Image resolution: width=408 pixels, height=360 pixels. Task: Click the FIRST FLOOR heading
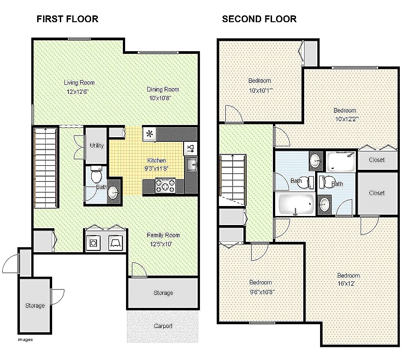pos(67,19)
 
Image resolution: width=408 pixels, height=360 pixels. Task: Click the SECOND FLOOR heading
pos(259,19)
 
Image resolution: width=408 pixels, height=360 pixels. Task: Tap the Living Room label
pos(79,83)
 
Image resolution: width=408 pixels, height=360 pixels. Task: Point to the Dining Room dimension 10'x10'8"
pos(160,98)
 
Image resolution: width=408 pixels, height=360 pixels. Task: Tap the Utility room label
pos(97,146)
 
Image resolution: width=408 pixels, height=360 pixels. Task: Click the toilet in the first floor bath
pos(96,174)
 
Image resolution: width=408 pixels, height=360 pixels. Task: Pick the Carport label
pos(163,326)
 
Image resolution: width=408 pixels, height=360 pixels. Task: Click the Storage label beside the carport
pos(163,293)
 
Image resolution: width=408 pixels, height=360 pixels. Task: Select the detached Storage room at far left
pos(35,306)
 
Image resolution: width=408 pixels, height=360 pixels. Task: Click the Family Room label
pos(163,235)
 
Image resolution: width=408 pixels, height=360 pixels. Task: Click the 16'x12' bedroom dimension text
pos(348,283)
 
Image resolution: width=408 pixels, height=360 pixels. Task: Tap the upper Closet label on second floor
pos(377,160)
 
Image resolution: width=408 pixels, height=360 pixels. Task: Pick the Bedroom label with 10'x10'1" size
pos(260,81)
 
